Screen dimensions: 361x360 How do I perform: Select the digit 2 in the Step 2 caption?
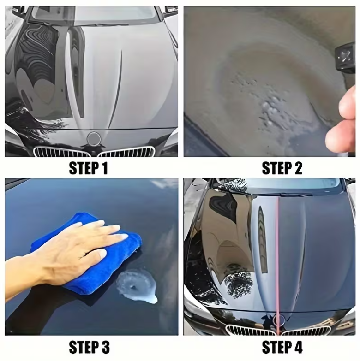pyautogui.click(x=297, y=168)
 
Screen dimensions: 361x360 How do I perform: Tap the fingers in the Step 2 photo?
pyautogui.click(x=342, y=122)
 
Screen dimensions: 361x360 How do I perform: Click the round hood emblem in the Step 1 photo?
pyautogui.click(x=94, y=138)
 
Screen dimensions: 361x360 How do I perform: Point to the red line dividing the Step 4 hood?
pyautogui.click(x=278, y=254)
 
